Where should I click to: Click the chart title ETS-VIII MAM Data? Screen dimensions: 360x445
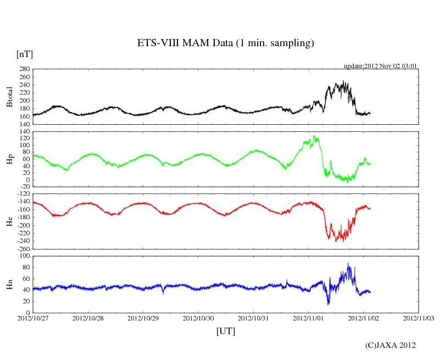[x=225, y=43]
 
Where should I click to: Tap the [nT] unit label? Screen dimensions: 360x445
[x=25, y=54]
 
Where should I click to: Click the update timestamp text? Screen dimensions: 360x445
[x=381, y=66]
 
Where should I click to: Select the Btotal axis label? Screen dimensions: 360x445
[x=9, y=97]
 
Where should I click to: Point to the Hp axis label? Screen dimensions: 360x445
[x=9, y=159]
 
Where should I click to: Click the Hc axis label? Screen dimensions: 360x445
[x=9, y=221]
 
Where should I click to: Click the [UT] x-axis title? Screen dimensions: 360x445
[x=226, y=331]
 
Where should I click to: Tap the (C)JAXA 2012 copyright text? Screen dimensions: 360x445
[x=391, y=345]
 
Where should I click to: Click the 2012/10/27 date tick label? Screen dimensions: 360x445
[x=34, y=318]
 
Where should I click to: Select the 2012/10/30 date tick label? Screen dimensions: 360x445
[x=198, y=318]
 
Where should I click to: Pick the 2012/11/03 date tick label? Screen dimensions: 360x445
[x=419, y=318]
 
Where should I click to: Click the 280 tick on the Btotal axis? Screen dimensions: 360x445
[x=24, y=69]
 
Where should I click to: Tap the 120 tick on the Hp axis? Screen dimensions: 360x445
[x=24, y=139]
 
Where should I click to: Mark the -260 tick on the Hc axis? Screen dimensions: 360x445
[x=22, y=248]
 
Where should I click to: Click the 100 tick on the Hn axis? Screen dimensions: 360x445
[x=24, y=256]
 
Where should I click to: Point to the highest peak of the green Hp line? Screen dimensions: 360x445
[x=314, y=136]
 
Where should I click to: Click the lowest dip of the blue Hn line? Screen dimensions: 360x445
[x=329, y=304]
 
